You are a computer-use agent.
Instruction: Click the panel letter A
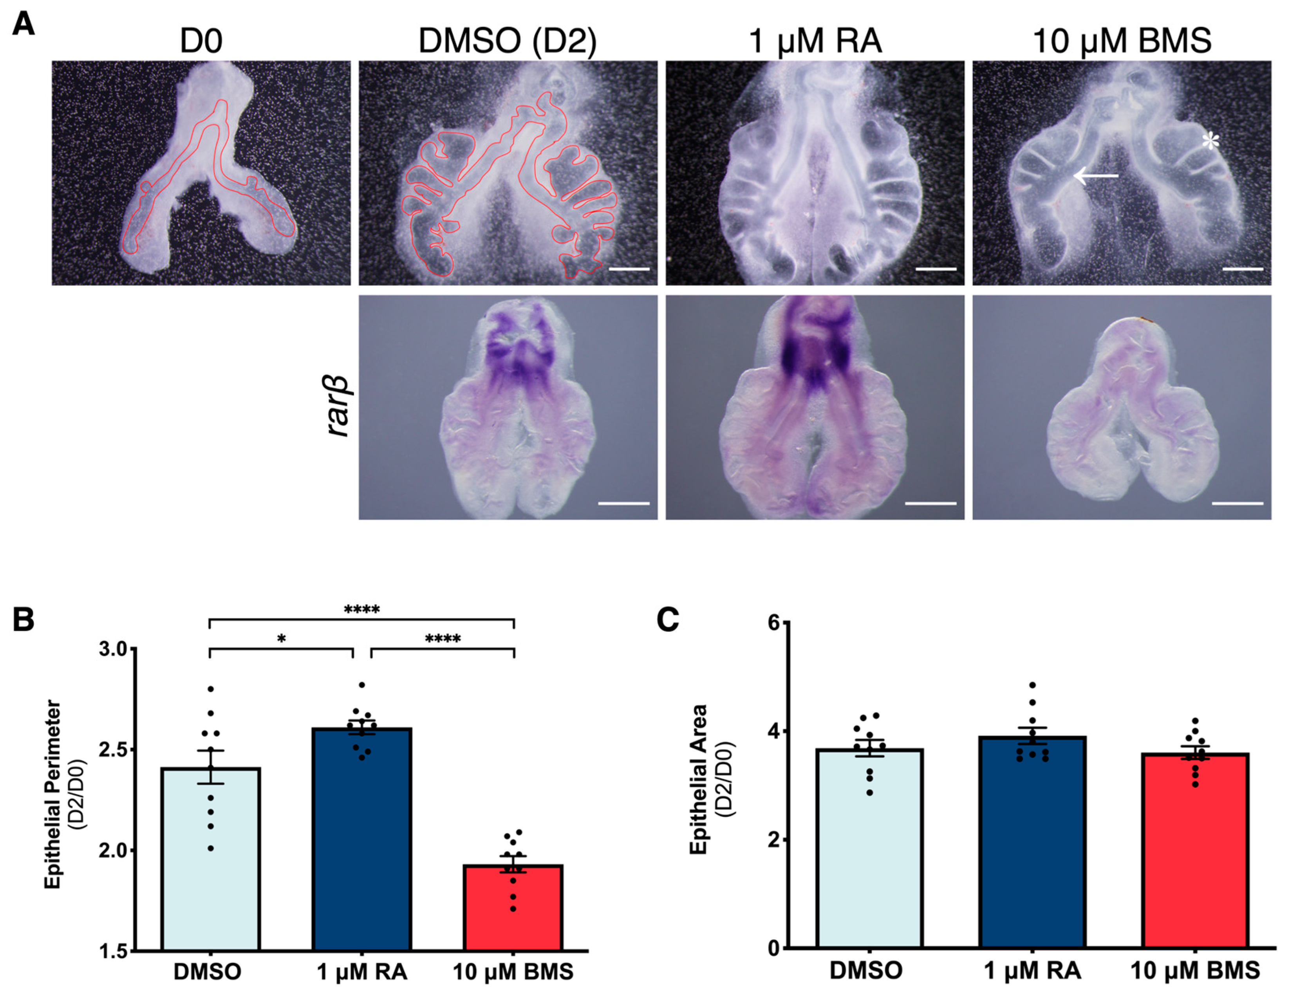point(23,25)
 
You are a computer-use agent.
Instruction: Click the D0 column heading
point(201,42)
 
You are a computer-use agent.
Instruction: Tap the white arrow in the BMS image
point(1096,175)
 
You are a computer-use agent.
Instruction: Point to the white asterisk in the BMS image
point(1210,142)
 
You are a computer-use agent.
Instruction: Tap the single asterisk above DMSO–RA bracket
point(281,639)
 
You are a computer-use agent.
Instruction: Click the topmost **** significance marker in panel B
point(361,609)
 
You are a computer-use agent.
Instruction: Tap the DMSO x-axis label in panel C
point(866,971)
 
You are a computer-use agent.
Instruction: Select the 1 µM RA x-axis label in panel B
point(361,972)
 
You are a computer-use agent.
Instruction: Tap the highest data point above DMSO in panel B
point(210,689)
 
